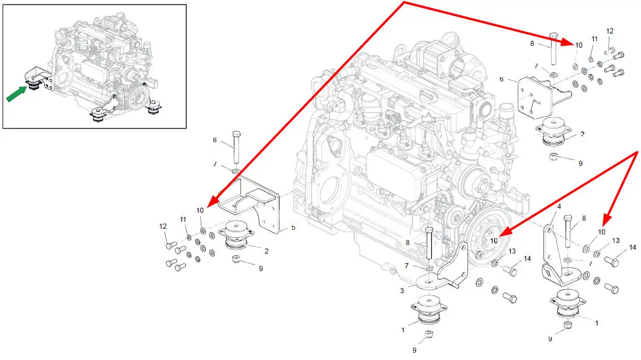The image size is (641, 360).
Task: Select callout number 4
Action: pyautogui.click(x=559, y=207)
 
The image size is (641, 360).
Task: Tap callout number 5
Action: pyautogui.click(x=293, y=228)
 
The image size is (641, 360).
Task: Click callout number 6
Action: pyautogui.click(x=501, y=80)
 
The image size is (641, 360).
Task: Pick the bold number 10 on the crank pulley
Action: pyautogui.click(x=494, y=241)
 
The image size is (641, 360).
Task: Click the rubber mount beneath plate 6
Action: pyautogui.click(x=554, y=134)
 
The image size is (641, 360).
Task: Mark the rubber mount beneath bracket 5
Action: pyautogui.click(x=238, y=235)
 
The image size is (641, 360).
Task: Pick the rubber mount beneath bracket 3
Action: pyautogui.click(x=428, y=310)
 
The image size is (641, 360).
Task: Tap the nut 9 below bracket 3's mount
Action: pyautogui.click(x=429, y=335)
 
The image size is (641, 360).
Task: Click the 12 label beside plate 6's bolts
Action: pyautogui.click(x=609, y=31)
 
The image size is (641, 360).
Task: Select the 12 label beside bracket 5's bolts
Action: pyautogui.click(x=163, y=226)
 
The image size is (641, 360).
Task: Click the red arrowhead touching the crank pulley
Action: pyautogui.click(x=502, y=232)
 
